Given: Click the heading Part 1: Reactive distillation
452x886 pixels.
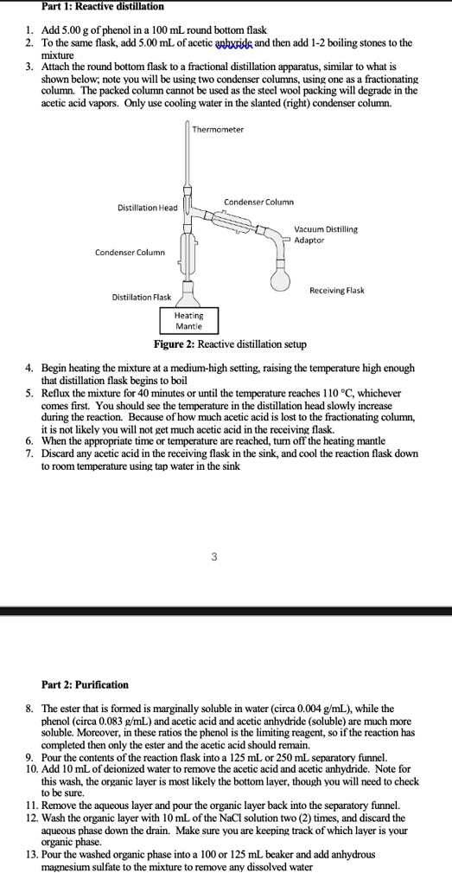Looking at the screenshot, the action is [103, 7].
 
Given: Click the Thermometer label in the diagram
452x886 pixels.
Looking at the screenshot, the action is [218, 130].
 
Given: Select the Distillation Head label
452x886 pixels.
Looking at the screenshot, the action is [147, 208].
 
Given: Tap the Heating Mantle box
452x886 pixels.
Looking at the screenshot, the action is [189, 321].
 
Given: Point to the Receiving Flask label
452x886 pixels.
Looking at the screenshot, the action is [337, 291].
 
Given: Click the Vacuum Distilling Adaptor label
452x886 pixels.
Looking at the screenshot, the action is [326, 234].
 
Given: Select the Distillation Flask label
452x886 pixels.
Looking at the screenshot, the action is [142, 297].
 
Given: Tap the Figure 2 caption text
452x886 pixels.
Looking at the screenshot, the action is [231, 344].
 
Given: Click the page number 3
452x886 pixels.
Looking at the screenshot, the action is [213, 557].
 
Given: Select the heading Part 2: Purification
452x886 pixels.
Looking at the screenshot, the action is [86, 685].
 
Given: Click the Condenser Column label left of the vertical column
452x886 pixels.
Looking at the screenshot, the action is [131, 252].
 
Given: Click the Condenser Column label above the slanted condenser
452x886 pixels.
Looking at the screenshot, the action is [259, 202].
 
